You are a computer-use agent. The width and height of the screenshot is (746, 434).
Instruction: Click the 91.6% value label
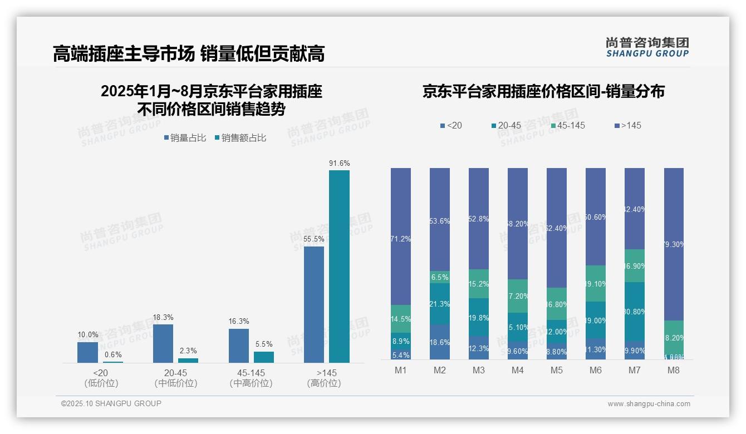339,163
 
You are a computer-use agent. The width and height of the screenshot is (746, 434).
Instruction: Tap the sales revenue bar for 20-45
188,361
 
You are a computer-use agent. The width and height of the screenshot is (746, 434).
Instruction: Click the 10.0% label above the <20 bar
87,335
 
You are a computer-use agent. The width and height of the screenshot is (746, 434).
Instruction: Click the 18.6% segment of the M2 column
440,342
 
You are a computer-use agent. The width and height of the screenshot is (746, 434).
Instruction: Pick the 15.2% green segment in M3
479,284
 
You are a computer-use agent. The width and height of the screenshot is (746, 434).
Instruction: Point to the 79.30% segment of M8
674,244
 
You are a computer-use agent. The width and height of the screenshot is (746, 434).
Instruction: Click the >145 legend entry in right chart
627,126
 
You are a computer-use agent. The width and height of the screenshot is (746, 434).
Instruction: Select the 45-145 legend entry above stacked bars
568,126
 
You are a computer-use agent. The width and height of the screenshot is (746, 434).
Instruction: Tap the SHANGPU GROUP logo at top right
647,47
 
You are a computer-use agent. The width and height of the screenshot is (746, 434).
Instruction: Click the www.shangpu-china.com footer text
649,404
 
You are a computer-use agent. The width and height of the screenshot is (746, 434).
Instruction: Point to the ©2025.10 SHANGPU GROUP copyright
111,404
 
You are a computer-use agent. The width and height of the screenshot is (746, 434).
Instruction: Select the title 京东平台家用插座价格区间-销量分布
543,91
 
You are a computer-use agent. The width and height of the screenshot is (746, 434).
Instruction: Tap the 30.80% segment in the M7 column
635,312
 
